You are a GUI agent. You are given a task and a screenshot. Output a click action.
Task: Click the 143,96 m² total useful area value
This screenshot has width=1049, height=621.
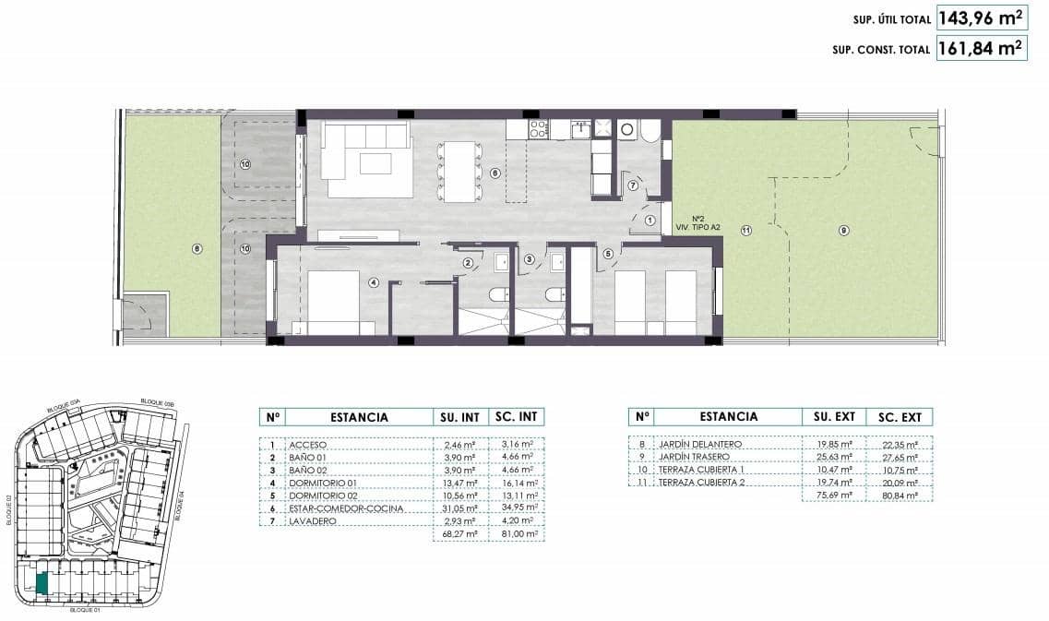[x=982, y=17]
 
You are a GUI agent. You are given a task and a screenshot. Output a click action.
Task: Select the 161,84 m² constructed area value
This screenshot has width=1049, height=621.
[x=982, y=49]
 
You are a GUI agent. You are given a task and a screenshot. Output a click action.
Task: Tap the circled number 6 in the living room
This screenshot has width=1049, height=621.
[x=495, y=173]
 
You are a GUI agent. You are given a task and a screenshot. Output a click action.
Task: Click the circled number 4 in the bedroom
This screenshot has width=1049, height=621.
[x=374, y=282]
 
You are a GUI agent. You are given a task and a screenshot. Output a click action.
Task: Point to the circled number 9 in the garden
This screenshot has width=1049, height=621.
[x=843, y=230]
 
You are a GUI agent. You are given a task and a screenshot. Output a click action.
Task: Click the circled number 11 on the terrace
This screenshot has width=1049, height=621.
[x=745, y=230]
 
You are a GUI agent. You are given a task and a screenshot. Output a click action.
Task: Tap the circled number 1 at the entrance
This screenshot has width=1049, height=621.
[x=650, y=220]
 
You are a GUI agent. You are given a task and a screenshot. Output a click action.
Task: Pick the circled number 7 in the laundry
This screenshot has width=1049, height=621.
[x=633, y=185]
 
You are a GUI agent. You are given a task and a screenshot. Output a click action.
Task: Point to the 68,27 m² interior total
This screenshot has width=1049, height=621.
[x=457, y=533]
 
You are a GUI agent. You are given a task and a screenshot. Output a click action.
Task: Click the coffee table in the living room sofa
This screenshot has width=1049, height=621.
[x=375, y=163]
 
